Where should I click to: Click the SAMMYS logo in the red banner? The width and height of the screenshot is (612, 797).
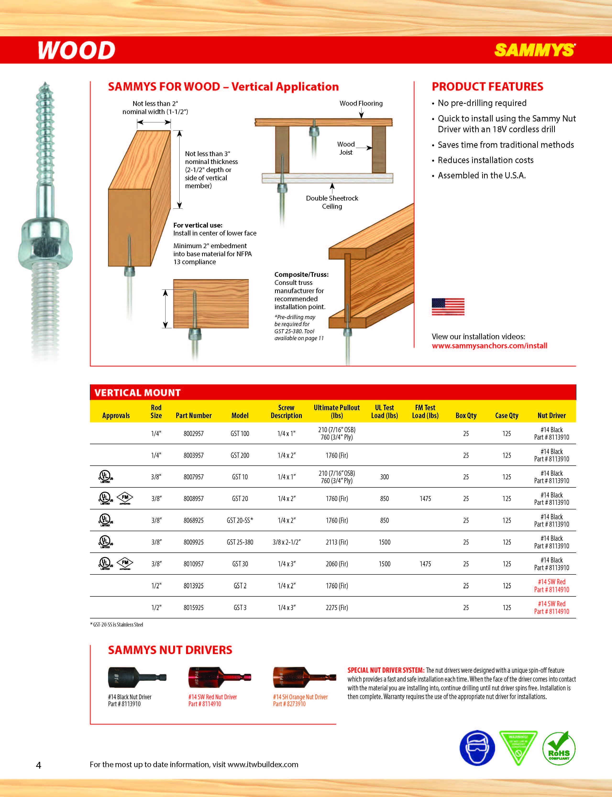click(535, 50)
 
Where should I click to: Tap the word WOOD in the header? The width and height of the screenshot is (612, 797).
click(77, 50)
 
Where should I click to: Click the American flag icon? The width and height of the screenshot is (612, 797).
click(448, 306)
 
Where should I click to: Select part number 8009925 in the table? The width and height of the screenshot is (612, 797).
click(193, 542)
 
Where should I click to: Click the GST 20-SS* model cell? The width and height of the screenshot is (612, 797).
click(240, 520)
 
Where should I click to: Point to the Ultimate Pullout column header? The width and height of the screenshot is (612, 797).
click(336, 411)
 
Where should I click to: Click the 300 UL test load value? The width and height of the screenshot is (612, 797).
click(384, 477)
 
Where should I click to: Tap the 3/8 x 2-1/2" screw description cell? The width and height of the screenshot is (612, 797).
click(286, 542)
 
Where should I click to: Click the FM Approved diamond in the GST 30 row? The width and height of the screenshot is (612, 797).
click(125, 563)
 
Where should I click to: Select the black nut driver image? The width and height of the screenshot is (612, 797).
click(137, 677)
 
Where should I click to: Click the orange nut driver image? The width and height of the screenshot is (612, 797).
click(304, 677)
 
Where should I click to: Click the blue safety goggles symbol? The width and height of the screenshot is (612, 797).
click(477, 748)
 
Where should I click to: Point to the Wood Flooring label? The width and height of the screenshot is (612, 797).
click(361, 104)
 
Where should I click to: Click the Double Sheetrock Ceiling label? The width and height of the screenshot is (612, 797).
click(332, 202)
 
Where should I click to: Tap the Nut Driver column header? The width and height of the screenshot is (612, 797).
click(551, 415)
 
